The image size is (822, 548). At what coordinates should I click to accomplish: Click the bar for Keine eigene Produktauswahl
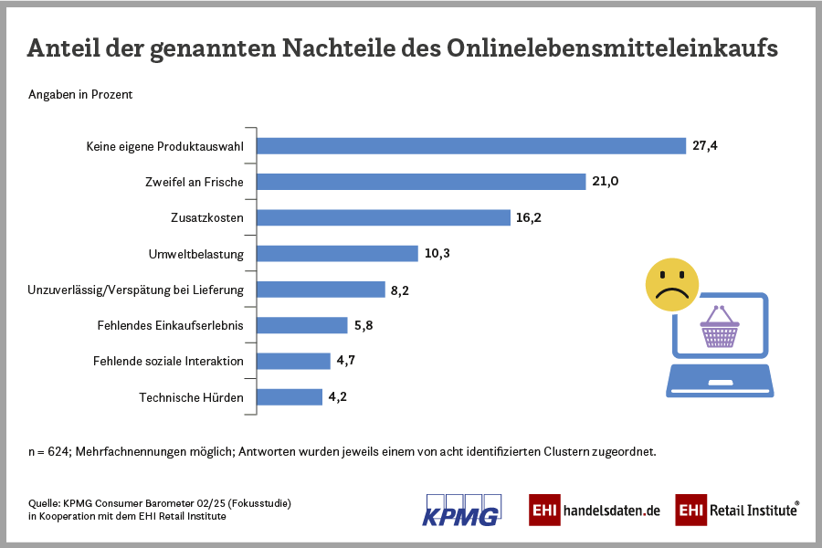[x=470, y=146]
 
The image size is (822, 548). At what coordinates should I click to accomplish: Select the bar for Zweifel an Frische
[x=420, y=182]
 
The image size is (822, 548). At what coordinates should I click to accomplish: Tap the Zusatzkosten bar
[x=383, y=217]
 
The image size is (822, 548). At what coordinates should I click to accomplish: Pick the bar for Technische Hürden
[x=290, y=397]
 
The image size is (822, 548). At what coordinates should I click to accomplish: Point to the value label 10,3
[x=437, y=254]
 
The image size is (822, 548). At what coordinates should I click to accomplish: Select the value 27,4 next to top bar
[x=706, y=146]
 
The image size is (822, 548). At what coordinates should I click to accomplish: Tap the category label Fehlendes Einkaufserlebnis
[x=170, y=325]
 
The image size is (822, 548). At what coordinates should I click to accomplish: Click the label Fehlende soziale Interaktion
[x=168, y=361]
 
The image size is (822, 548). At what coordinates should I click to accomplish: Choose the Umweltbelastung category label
[x=195, y=254]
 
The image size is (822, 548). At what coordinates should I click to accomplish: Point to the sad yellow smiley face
[x=671, y=284]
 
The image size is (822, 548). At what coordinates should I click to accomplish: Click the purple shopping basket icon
[x=720, y=327]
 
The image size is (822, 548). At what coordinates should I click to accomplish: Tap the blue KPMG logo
[x=461, y=510]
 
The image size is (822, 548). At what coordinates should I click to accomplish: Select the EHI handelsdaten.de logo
[x=594, y=510]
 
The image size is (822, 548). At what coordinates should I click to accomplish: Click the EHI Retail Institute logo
[x=737, y=510]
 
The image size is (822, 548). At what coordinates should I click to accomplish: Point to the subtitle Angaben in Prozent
[x=81, y=95]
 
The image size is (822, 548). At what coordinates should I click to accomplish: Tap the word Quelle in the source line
[x=44, y=503]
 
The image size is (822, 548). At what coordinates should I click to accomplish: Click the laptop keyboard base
[x=721, y=380]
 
